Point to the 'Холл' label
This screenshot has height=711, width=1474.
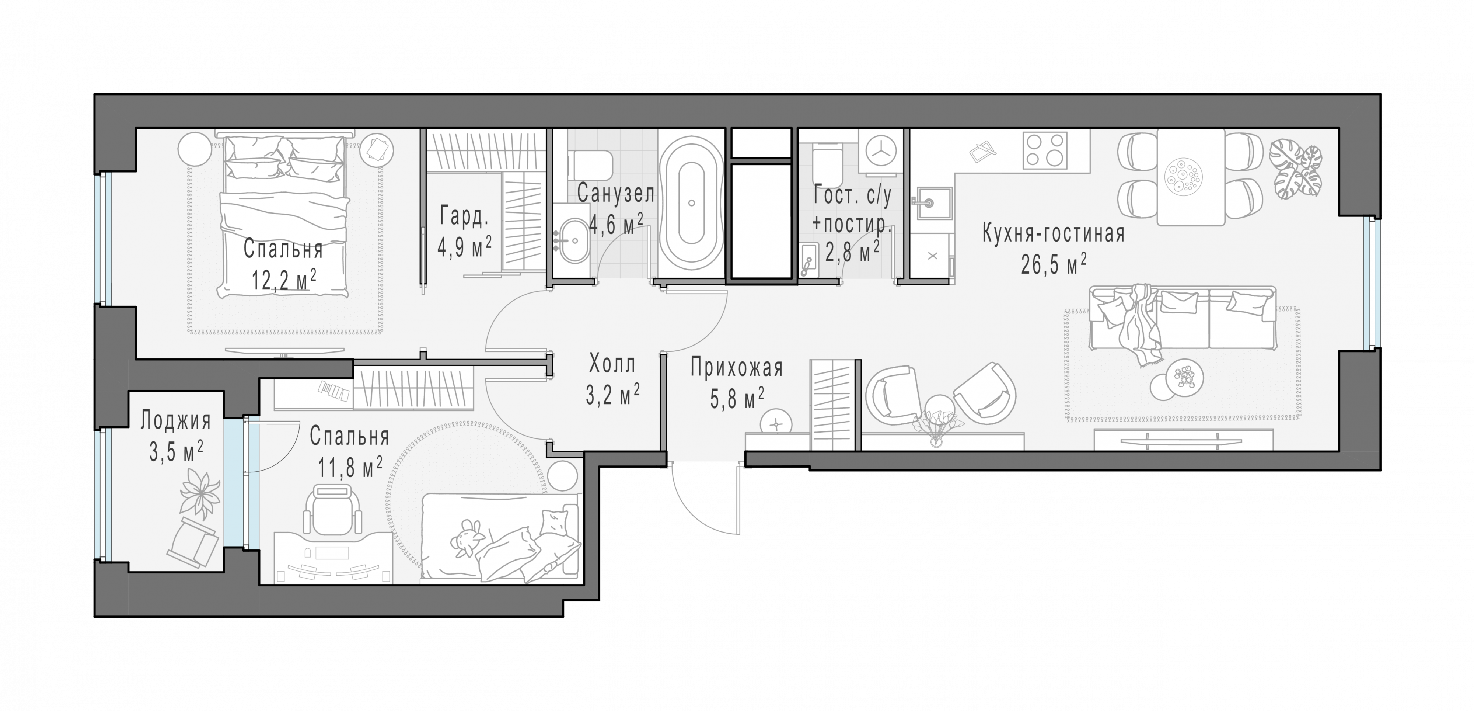[612, 364]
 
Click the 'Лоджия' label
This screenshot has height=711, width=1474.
[176, 421]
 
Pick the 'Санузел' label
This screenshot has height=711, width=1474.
[616, 194]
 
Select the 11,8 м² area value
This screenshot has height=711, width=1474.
[350, 468]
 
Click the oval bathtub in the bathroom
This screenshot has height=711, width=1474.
[691, 203]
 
